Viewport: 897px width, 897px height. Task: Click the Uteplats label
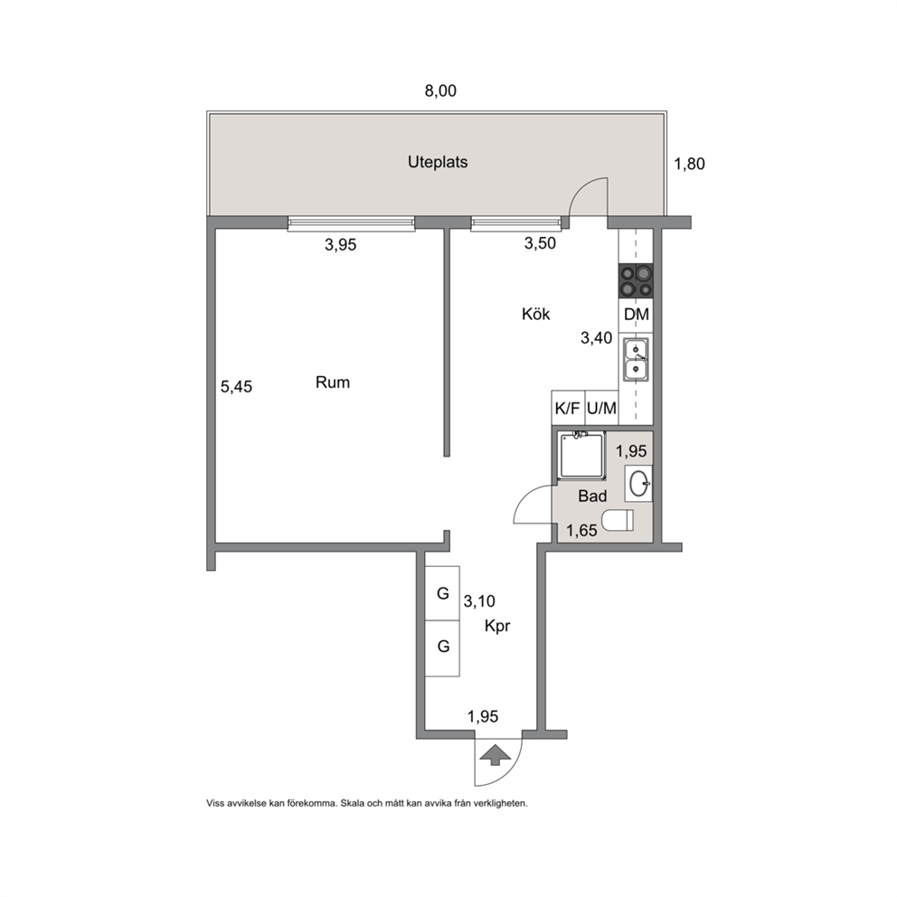point(438,163)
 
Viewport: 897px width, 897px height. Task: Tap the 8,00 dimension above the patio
point(440,91)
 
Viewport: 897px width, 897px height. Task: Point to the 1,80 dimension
point(689,165)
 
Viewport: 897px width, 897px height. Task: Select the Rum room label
point(333,382)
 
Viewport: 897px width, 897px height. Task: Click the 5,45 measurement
point(236,387)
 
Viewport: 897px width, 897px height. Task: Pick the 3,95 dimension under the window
point(340,245)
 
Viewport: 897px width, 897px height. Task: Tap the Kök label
point(536,314)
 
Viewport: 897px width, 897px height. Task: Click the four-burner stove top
point(636,281)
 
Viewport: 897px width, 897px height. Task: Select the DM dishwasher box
point(637,314)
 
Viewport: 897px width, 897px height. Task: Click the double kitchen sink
point(636,359)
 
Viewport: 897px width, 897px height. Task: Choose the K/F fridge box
point(568,408)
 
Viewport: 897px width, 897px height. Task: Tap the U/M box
point(602,408)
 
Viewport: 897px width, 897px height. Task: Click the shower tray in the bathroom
point(582,455)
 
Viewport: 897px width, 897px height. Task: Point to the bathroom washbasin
point(638,484)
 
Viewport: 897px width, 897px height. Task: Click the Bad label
point(592,496)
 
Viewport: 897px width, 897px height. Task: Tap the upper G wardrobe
point(442,594)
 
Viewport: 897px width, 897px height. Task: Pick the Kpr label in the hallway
point(497,627)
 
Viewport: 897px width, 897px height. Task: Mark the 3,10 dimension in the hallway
point(479,602)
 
